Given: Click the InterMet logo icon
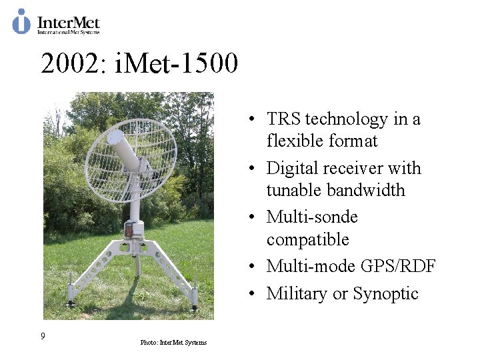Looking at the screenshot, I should point(21,21).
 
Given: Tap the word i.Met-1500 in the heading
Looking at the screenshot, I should point(177,64).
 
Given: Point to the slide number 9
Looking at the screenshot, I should point(43,336).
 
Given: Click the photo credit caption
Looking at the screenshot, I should point(173,343).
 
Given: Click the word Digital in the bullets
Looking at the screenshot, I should point(294,169).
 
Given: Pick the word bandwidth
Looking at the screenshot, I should point(335,191).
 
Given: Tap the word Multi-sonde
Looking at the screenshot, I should point(312,217).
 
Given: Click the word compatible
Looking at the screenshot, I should point(307,239).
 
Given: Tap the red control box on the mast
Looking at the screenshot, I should point(129,230).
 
